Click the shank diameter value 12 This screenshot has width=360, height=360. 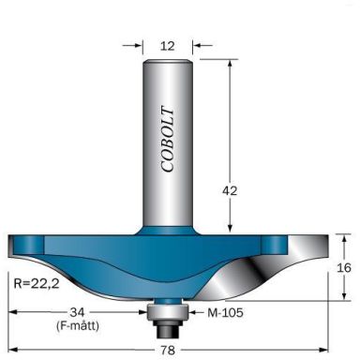tap(166, 43)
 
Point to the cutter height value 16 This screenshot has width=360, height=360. tap(344, 266)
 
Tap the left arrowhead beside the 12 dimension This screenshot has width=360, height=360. tap(139, 43)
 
